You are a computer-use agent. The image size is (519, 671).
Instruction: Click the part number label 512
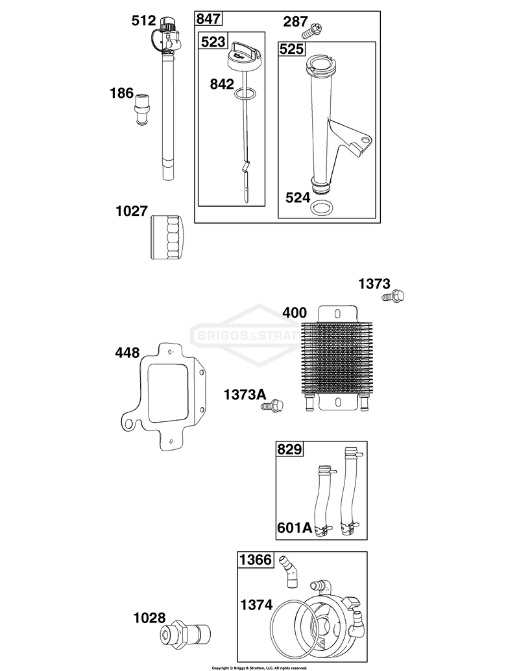[x=144, y=20]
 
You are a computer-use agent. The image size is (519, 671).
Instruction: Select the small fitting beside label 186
[x=141, y=110]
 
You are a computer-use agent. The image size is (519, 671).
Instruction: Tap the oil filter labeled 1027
[x=167, y=237]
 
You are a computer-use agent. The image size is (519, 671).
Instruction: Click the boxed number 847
[x=208, y=19]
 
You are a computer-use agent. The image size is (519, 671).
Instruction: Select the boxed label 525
[x=292, y=49]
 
